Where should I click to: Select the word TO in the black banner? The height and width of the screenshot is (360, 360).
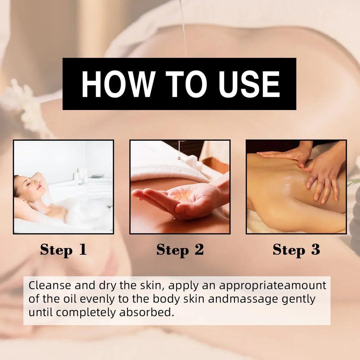pyautogui.click(x=186, y=84)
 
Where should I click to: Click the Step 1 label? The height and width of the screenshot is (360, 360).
pyautogui.click(x=64, y=250)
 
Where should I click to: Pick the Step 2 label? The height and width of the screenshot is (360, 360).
pyautogui.click(x=180, y=250)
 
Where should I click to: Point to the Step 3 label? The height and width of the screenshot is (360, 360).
pyautogui.click(x=296, y=250)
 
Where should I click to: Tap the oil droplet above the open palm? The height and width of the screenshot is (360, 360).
pyautogui.click(x=179, y=158)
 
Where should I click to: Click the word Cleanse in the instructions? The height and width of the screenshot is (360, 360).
pyautogui.click(x=50, y=285)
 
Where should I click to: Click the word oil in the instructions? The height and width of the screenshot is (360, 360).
pyautogui.click(x=70, y=299)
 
